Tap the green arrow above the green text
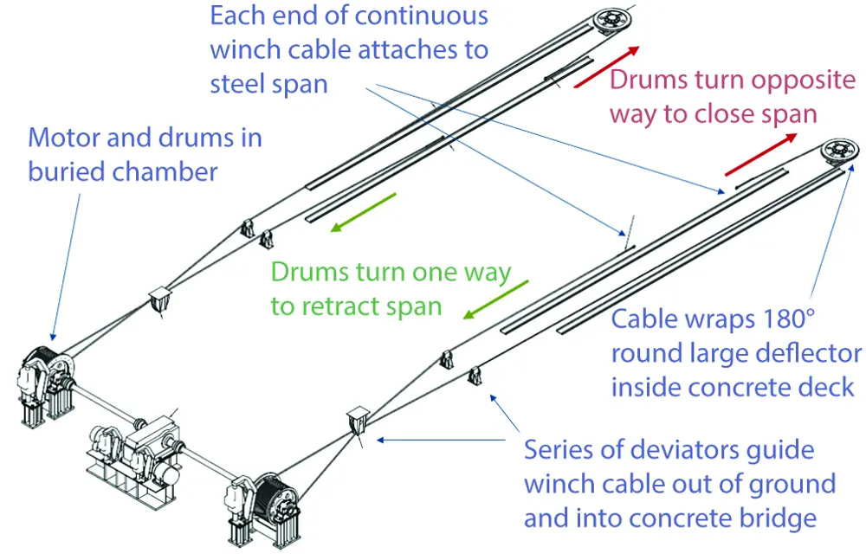362,213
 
